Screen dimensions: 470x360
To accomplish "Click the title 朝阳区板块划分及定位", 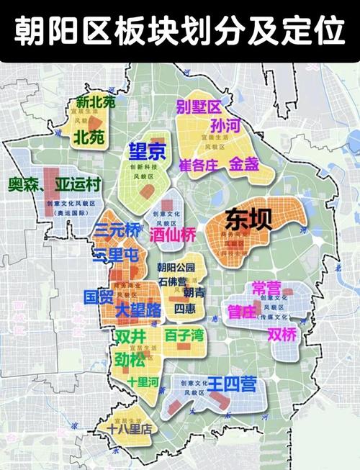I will [x=180, y=31].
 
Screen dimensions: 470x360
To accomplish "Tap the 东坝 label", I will [x=249, y=218].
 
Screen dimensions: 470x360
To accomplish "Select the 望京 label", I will [x=147, y=151].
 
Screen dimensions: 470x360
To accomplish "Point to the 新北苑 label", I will [x=96, y=103].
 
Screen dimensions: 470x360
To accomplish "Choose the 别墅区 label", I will [x=198, y=108].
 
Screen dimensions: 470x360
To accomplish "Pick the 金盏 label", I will [x=244, y=163].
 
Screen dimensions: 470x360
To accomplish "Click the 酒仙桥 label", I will [x=173, y=234].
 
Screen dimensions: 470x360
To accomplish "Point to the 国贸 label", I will [x=98, y=296].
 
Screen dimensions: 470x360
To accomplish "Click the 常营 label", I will [x=267, y=288].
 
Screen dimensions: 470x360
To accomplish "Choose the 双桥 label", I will [x=282, y=335].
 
